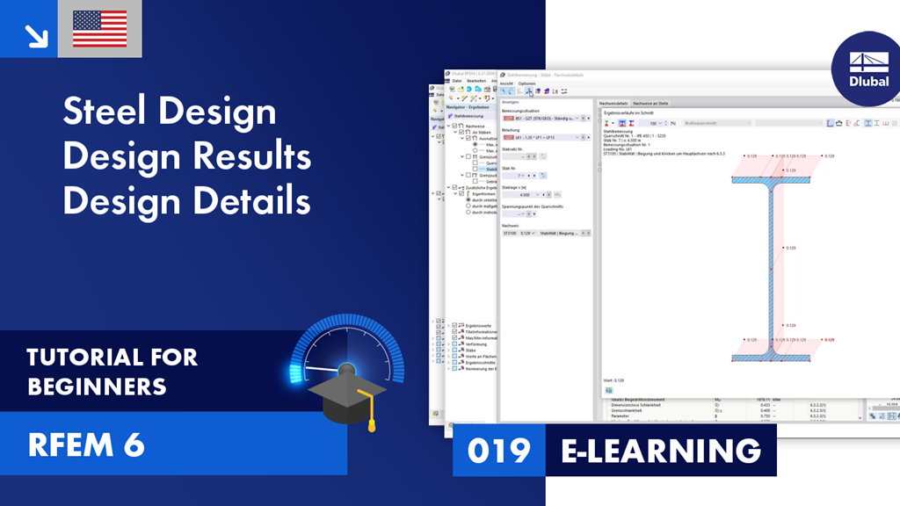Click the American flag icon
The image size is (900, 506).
[x=99, y=29]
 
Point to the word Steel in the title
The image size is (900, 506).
[x=104, y=112]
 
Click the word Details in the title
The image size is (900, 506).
[x=250, y=201]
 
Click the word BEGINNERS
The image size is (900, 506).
[x=98, y=387]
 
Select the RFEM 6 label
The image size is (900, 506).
[x=85, y=445]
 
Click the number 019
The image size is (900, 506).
[x=498, y=450]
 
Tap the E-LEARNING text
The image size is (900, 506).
[x=661, y=450]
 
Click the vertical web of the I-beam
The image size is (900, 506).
[x=771, y=264]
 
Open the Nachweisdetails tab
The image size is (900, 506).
[x=613, y=103]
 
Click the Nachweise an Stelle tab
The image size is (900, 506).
[x=650, y=103]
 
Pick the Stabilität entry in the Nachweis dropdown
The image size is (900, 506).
[x=556, y=234]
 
